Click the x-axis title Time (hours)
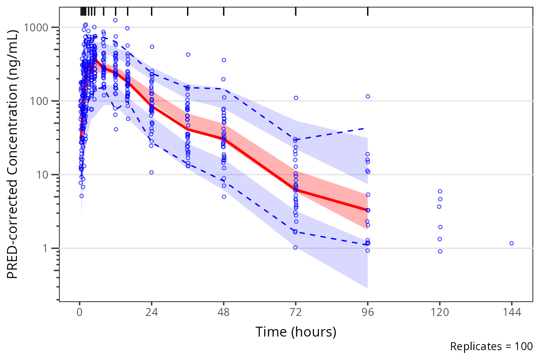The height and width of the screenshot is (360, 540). (x=296, y=332)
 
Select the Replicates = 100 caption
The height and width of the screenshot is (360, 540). (x=491, y=346)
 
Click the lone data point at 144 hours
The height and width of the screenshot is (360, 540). (x=511, y=243)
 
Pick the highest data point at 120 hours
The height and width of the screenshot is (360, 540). (x=440, y=191)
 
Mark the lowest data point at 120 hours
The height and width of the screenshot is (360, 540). (x=440, y=251)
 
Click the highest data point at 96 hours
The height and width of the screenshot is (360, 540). (x=368, y=97)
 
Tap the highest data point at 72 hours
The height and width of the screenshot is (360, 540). (x=296, y=98)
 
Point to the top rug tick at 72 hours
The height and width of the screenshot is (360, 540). (x=296, y=11)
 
